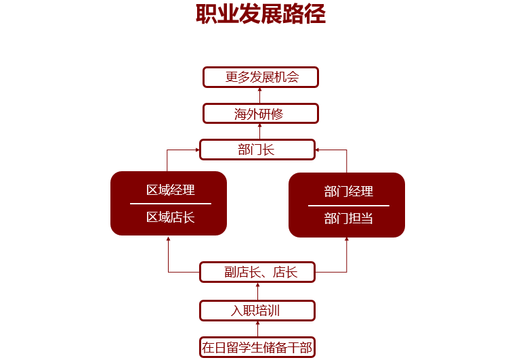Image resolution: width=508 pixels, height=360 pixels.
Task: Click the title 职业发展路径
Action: click(x=260, y=14)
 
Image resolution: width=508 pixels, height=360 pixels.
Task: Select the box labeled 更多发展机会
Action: click(x=261, y=77)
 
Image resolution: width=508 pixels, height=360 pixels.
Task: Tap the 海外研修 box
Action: click(x=261, y=113)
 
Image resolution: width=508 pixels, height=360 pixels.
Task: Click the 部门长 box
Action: click(x=257, y=150)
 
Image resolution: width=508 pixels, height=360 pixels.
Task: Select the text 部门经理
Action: click(x=348, y=191)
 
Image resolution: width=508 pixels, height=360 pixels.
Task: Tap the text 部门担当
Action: click(x=348, y=219)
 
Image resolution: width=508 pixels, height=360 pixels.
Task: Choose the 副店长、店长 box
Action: click(x=257, y=272)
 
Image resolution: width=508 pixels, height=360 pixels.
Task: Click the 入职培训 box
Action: click(x=257, y=311)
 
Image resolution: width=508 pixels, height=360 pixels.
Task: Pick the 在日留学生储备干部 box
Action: click(x=257, y=348)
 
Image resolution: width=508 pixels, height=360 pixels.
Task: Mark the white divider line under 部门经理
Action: click(x=348, y=205)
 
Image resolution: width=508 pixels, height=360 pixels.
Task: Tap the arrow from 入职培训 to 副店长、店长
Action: click(x=257, y=292)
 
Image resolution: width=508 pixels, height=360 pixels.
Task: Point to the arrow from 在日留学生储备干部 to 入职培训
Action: click(x=257, y=329)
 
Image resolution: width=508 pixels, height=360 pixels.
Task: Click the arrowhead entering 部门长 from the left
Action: click(x=197, y=150)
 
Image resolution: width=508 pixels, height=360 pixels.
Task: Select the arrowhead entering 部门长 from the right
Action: click(x=318, y=150)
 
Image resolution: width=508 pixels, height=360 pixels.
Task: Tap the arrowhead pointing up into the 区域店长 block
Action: click(x=168, y=238)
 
